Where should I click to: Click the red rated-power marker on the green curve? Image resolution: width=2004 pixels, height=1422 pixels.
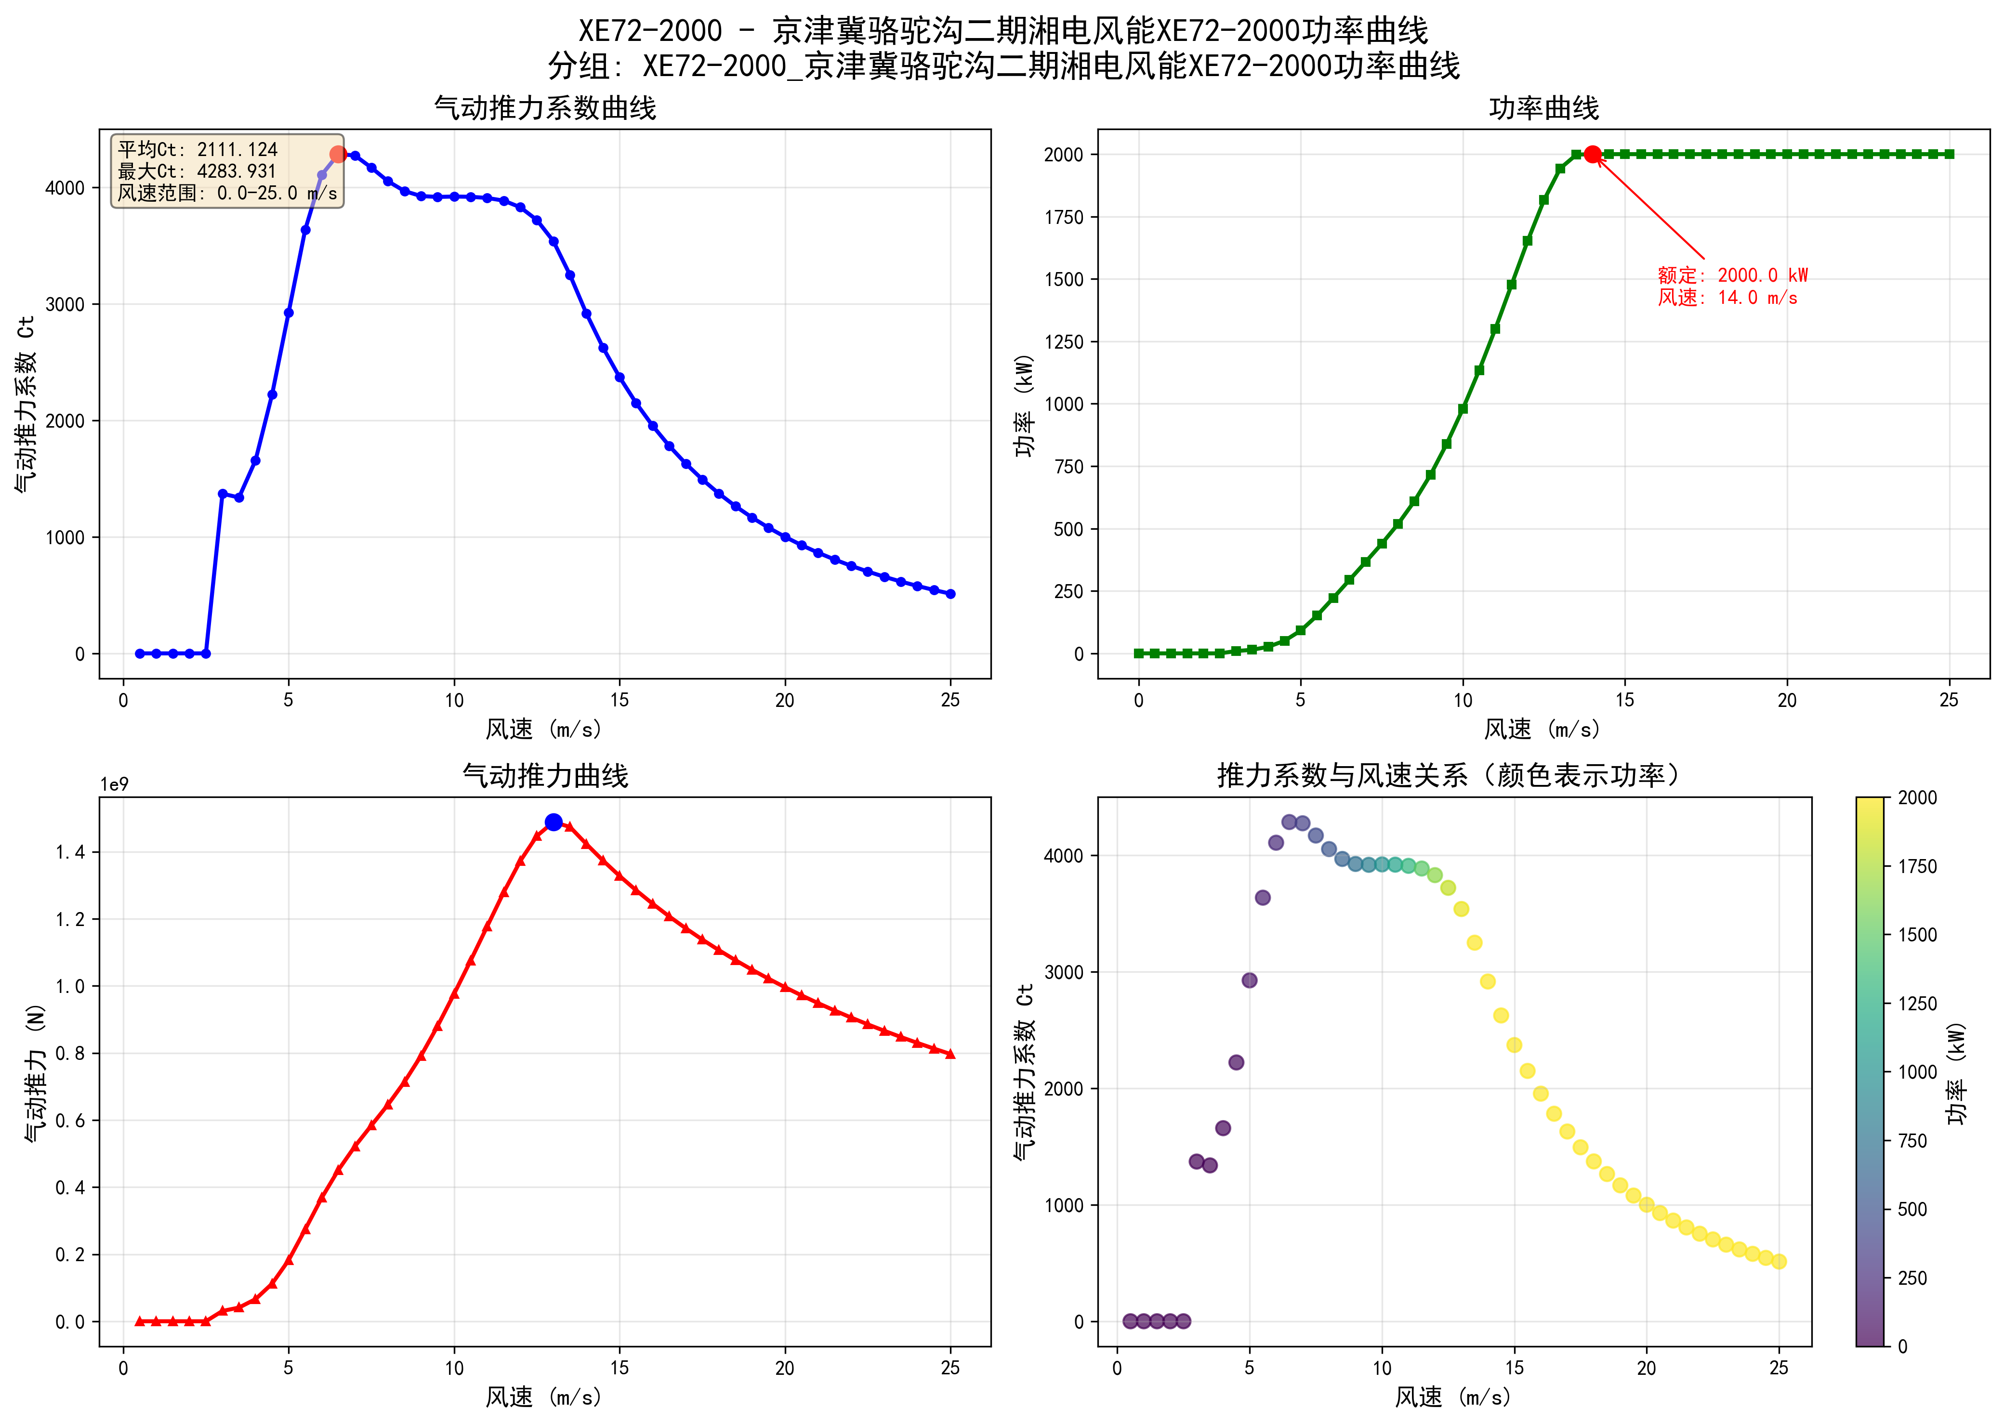click(x=1592, y=154)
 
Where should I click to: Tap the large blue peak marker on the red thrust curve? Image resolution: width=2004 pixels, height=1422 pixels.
click(x=554, y=822)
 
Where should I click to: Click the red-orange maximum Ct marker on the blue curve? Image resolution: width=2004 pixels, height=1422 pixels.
click(x=338, y=154)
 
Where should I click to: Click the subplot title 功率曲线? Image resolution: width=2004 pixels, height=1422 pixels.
click(x=1543, y=108)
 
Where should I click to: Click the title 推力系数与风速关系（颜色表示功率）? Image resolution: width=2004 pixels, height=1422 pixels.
click(x=1450, y=776)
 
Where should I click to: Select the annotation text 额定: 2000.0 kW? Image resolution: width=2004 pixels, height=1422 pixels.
click(x=1732, y=275)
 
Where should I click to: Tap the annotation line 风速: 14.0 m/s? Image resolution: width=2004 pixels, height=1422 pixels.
click(x=1727, y=298)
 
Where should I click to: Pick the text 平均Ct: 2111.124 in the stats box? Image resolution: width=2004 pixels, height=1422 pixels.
click(x=198, y=150)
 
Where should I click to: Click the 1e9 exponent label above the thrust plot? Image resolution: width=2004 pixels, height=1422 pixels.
click(x=114, y=784)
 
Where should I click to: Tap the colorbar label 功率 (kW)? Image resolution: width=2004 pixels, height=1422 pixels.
click(x=1957, y=1072)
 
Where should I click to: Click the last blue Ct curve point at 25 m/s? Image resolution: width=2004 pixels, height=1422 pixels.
click(x=950, y=594)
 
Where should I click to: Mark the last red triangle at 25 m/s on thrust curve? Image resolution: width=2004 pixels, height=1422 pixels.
click(x=950, y=1054)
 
